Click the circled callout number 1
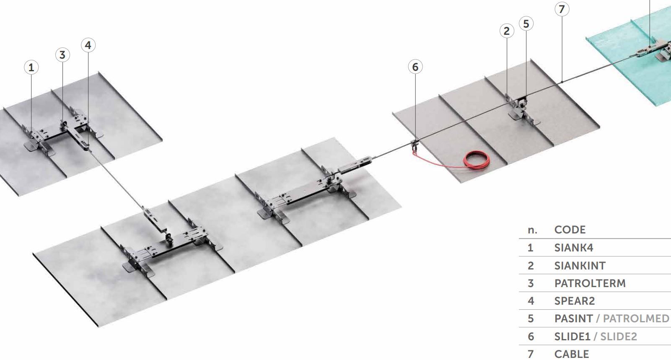point(31,67)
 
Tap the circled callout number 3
point(62,55)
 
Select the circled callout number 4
point(88,45)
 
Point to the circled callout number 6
point(415,67)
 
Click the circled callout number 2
point(507,31)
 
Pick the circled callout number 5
point(526,23)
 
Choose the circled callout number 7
point(562,9)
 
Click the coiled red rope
point(477,160)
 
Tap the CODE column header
point(570,230)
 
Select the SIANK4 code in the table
point(574,248)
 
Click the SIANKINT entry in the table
point(580,265)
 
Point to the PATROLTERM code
point(590,283)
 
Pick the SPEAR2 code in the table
point(575,301)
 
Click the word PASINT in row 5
point(573,319)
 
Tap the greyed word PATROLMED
point(636,319)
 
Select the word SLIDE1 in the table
point(572,337)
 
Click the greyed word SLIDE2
point(619,337)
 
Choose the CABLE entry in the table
point(572,354)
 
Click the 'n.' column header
point(532,230)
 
